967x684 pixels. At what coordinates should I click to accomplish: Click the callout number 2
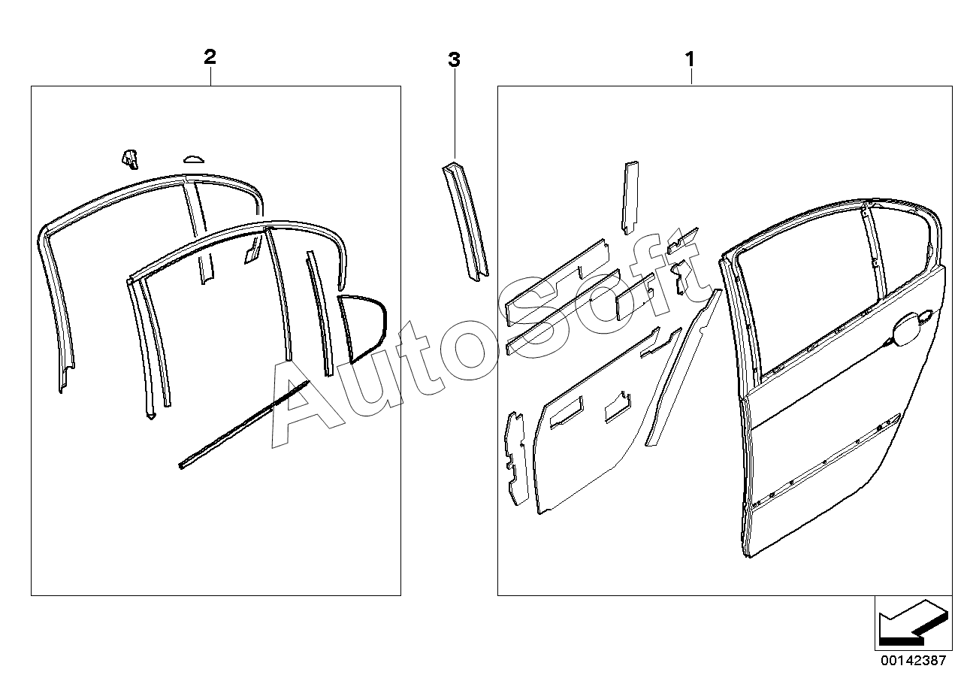pyautogui.click(x=210, y=57)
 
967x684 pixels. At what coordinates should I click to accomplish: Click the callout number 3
pyautogui.click(x=454, y=60)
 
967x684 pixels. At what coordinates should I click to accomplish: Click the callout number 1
pyautogui.click(x=690, y=59)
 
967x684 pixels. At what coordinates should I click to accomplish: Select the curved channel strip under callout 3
pyautogui.click(x=465, y=222)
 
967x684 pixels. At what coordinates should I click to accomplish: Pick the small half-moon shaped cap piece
pyautogui.click(x=194, y=159)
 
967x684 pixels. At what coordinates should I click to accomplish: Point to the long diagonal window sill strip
pyautogui.click(x=244, y=425)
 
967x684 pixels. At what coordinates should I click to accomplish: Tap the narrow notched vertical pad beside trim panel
pyautogui.click(x=516, y=459)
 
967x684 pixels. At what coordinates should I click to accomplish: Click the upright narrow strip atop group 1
pyautogui.click(x=630, y=198)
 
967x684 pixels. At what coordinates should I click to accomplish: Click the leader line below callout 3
pyautogui.click(x=455, y=114)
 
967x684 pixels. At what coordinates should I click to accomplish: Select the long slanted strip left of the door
pyautogui.click(x=684, y=367)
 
